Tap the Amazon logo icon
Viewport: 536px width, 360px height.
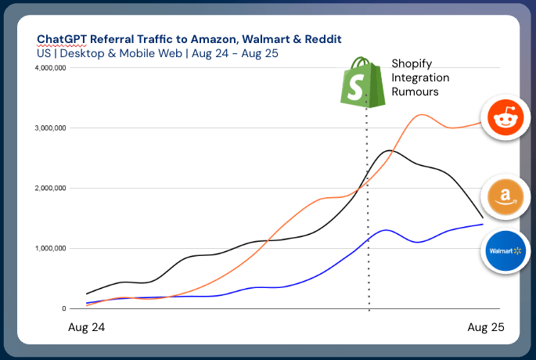[x=504, y=196]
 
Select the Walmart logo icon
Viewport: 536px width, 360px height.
[x=504, y=252]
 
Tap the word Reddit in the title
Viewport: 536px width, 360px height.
[x=322, y=39]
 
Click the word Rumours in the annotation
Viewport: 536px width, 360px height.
[x=414, y=92]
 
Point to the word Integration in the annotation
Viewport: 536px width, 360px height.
[x=420, y=78]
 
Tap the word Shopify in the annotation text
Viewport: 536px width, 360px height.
[x=412, y=65]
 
